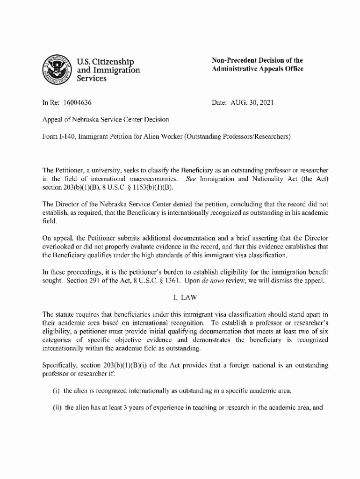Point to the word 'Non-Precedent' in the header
point(234,60)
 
